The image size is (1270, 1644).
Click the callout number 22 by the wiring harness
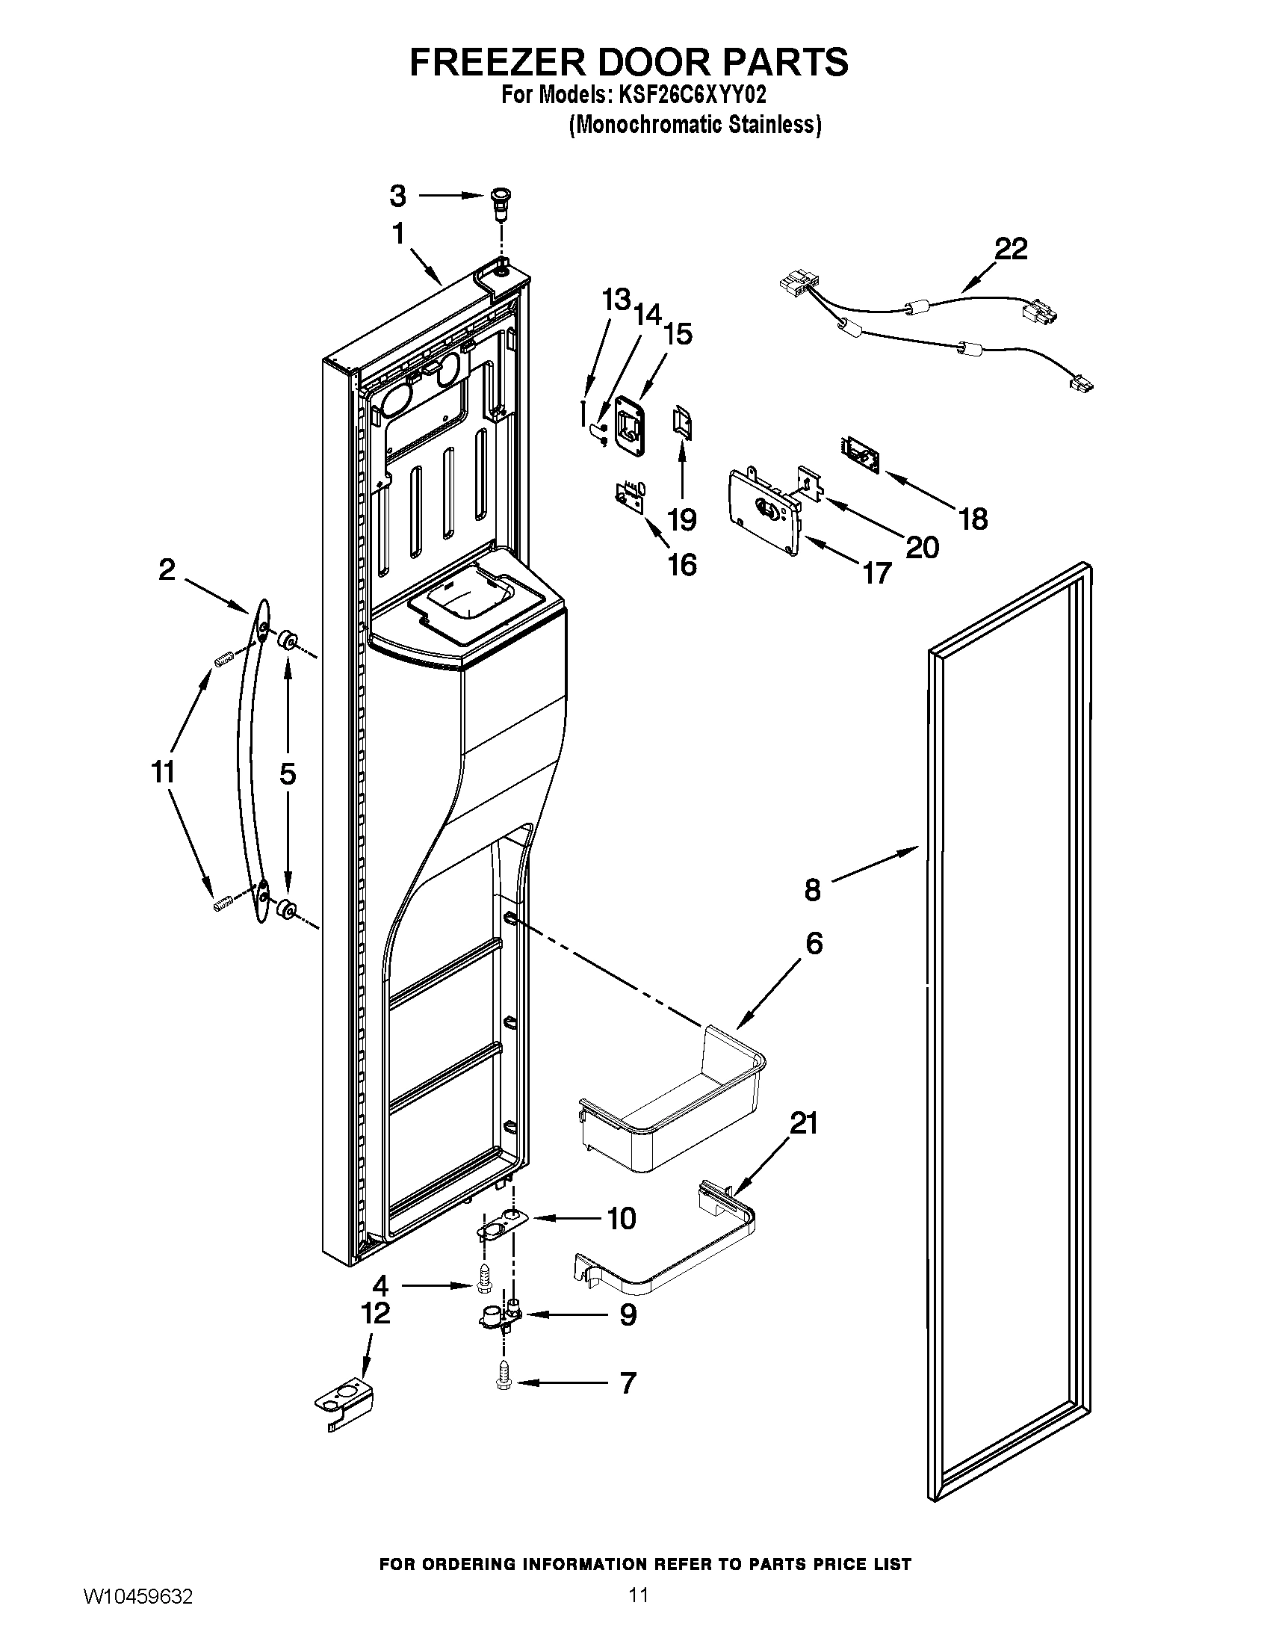[x=1011, y=249]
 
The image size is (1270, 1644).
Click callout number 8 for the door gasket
[x=812, y=891]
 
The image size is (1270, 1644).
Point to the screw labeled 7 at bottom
[x=504, y=1383]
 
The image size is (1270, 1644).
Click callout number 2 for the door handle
[x=167, y=570]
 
